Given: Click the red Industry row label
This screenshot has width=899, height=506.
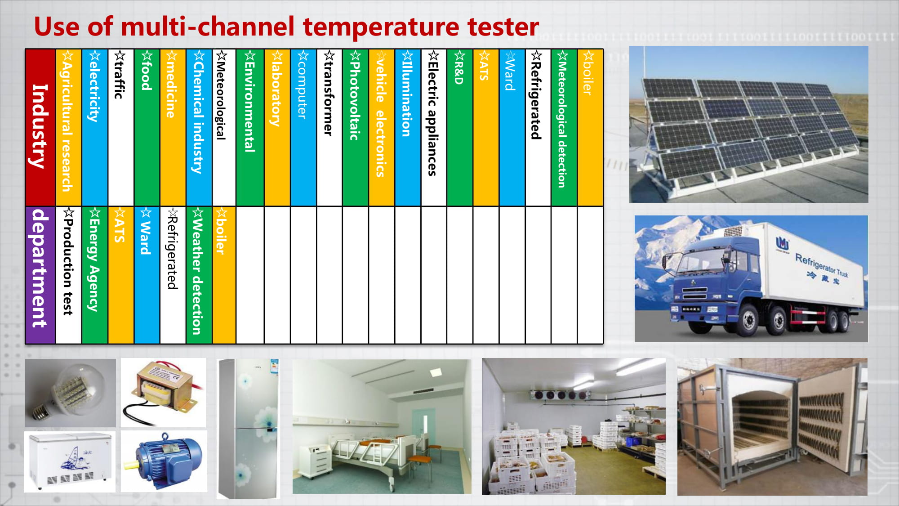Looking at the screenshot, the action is [40, 127].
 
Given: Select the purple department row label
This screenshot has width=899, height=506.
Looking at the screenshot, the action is [40, 275].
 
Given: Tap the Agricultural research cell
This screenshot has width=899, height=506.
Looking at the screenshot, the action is [68, 127].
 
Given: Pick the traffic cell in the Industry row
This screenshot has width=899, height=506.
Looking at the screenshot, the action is [120, 127].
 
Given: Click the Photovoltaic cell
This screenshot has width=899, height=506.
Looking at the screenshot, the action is [355, 127].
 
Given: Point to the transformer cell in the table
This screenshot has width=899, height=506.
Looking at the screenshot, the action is [329, 127].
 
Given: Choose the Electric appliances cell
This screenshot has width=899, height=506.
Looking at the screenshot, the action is [433, 127].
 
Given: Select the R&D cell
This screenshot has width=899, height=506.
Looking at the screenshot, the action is [459, 127].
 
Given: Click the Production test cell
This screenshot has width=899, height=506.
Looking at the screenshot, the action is [68, 275].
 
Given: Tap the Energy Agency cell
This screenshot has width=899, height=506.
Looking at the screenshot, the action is [94, 275].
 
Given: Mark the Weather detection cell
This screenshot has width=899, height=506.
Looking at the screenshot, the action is [199, 275].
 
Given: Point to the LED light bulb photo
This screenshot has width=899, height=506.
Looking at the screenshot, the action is [70, 393].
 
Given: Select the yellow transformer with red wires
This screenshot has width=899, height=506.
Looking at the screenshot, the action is [164, 392].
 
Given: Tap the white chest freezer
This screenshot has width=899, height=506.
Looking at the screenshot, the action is [70, 461].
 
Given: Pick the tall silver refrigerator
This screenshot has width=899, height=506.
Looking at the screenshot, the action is [248, 429].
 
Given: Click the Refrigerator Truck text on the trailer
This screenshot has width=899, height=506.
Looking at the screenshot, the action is [822, 265].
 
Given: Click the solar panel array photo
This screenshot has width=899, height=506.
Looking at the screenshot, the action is [748, 124].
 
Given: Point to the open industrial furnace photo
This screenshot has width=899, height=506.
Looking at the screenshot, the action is [772, 427].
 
